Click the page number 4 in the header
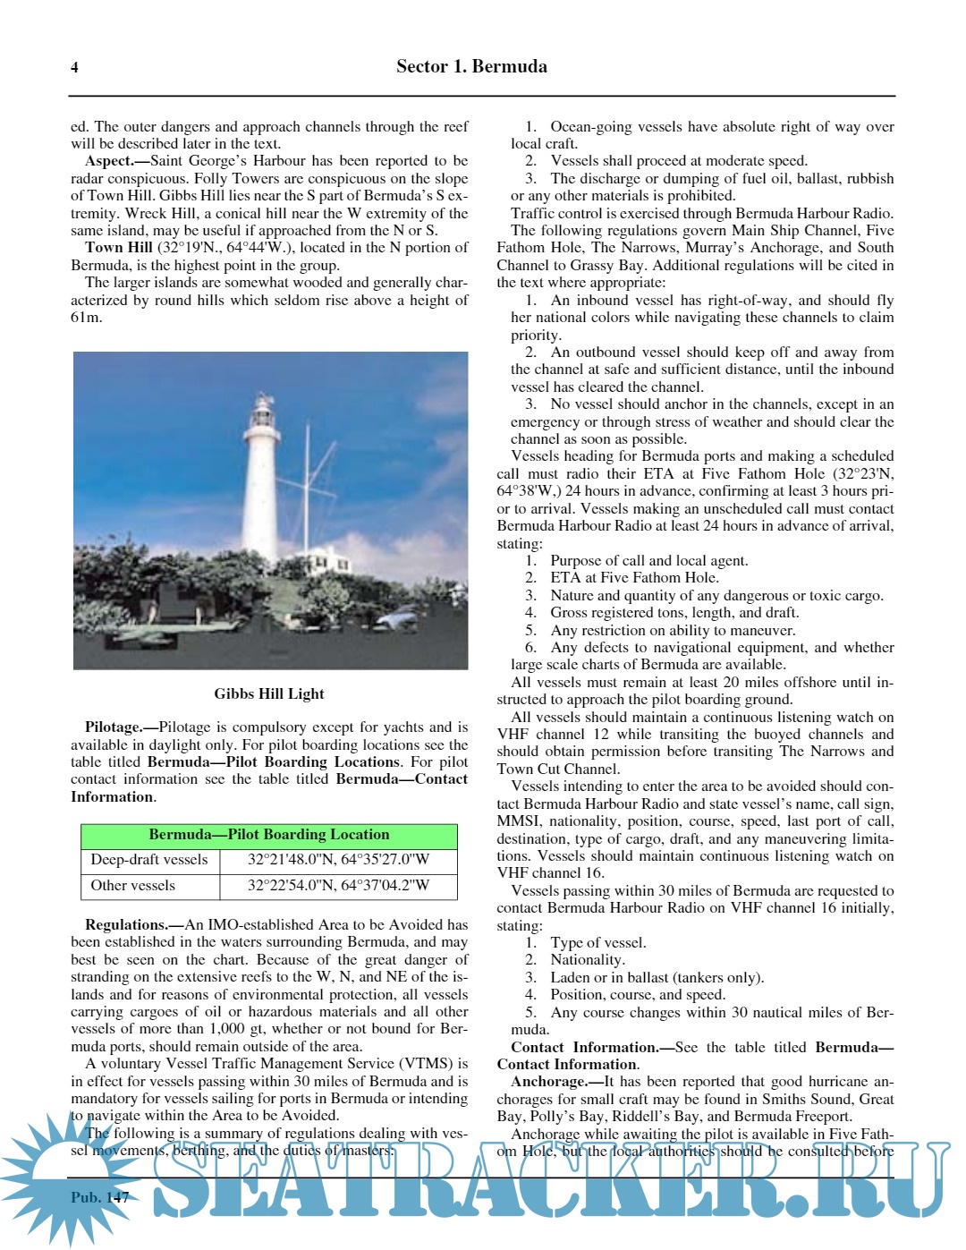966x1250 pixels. click(74, 67)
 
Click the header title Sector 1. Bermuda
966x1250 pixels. click(471, 66)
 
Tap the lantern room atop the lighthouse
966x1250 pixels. click(262, 412)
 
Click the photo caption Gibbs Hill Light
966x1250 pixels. click(269, 693)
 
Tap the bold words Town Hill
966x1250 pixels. click(119, 248)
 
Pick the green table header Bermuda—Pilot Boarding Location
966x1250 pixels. click(269, 835)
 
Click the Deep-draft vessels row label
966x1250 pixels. click(149, 860)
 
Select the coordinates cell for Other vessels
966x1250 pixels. click(338, 886)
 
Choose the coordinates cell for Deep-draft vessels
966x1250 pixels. click(338, 860)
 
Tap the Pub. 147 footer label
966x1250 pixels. click(100, 1197)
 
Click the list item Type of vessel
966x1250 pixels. click(597, 943)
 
